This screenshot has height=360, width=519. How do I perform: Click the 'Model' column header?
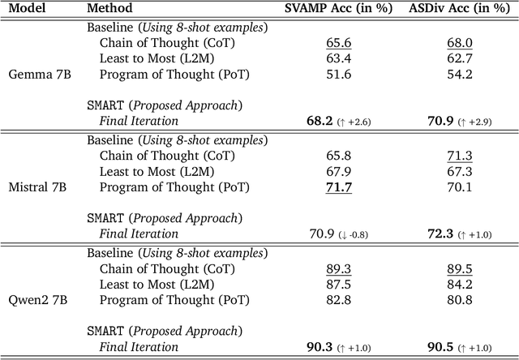tap(26, 10)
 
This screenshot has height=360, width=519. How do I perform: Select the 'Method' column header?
tap(109, 10)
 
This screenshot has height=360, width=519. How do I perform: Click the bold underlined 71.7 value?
tap(318, 187)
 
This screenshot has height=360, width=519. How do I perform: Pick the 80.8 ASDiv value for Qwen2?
tap(459, 301)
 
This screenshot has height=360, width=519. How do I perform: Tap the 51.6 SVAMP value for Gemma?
tap(318, 74)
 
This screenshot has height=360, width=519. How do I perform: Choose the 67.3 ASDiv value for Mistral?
tap(459, 171)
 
